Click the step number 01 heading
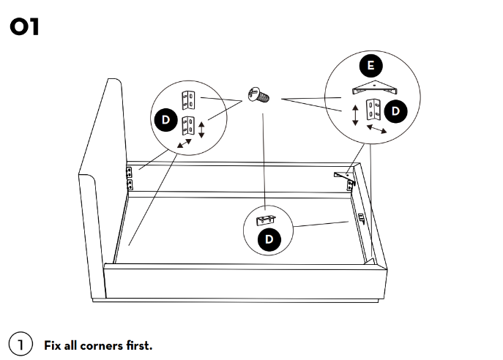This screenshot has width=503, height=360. click(25, 28)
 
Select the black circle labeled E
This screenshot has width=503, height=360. click(371, 67)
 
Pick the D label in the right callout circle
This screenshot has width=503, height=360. click(396, 111)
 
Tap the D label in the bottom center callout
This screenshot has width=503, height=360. click(269, 239)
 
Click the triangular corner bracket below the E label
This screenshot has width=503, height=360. click(373, 89)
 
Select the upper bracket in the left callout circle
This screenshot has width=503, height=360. click(189, 97)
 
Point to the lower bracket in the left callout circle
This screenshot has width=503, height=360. click(189, 124)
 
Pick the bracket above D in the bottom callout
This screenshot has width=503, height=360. click(266, 220)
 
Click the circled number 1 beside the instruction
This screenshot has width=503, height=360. click(21, 344)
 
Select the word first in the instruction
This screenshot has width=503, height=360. click(139, 345)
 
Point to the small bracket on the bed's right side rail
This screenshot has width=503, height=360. click(360, 217)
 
